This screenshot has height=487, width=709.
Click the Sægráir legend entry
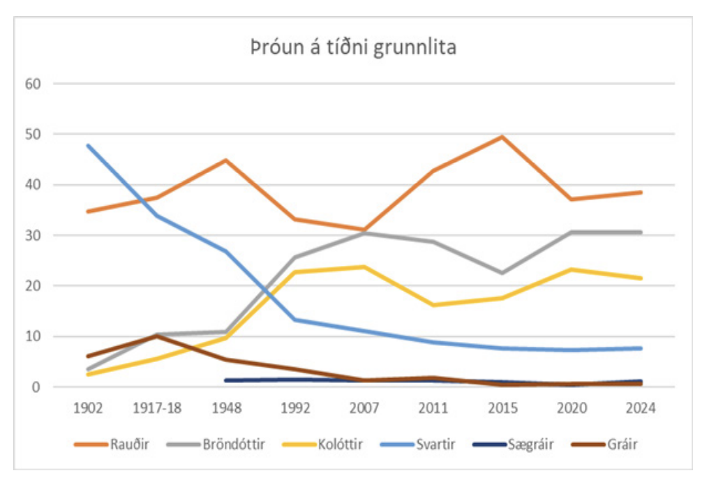528,444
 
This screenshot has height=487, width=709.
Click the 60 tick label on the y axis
35,84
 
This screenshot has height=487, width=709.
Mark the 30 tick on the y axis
35,235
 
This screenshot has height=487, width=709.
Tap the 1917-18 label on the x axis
156,408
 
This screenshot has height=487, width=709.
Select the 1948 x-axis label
225,408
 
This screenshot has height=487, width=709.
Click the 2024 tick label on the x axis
641,408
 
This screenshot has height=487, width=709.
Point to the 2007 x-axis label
364,408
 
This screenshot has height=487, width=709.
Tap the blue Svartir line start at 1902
88,145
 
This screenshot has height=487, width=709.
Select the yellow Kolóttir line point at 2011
433,305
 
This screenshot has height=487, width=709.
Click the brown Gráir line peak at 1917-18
157,336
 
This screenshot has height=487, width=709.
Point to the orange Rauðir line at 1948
226,160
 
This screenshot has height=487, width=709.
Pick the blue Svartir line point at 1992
295,320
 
